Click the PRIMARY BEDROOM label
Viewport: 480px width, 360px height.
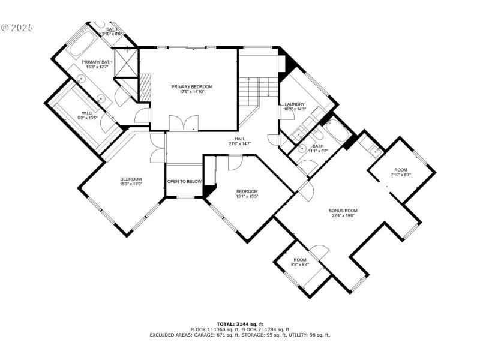click(x=191, y=86)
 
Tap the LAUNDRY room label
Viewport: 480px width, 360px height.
click(x=295, y=104)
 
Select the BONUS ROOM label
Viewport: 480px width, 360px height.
click(x=343, y=211)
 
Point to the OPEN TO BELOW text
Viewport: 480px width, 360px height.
click(x=184, y=181)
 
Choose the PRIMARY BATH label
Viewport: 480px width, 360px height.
click(x=97, y=62)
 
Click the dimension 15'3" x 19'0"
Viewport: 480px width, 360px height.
click(x=131, y=184)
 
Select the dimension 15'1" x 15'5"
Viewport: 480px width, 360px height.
click(x=247, y=196)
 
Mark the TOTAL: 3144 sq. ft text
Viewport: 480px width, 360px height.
click(x=240, y=325)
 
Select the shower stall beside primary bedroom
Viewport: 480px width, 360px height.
click(x=127, y=63)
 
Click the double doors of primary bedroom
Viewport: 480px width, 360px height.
click(x=182, y=123)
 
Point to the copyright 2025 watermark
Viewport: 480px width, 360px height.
click(x=17, y=28)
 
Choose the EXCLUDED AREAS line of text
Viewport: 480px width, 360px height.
click(x=240, y=335)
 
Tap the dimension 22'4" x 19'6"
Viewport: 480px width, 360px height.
click(x=343, y=216)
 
